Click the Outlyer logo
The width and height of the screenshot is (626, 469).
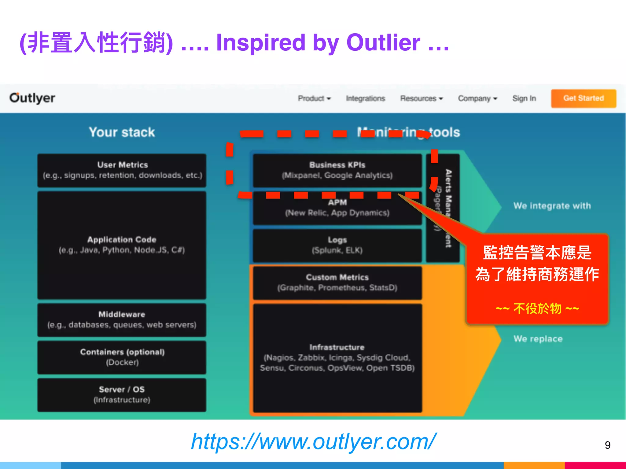tap(32, 98)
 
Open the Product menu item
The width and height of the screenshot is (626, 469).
tap(314, 98)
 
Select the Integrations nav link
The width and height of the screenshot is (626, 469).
tap(365, 98)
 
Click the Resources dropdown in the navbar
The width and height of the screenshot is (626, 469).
tap(421, 98)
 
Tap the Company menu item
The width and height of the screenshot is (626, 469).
tap(477, 98)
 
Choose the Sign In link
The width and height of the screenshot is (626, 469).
tap(524, 98)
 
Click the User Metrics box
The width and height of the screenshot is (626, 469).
tap(122, 170)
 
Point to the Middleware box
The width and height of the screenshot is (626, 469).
tap(122, 320)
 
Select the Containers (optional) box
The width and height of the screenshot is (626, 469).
tap(122, 357)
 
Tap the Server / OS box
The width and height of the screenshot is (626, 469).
tap(122, 395)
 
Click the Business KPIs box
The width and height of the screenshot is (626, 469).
tap(337, 170)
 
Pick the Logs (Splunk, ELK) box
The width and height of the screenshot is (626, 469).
tap(337, 245)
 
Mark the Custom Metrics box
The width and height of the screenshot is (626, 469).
tap(337, 282)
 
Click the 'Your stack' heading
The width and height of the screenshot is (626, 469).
tap(122, 132)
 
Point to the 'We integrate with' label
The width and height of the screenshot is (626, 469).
tap(552, 206)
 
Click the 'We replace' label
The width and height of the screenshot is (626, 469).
tap(538, 339)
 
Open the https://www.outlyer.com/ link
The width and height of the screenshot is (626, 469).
tap(313, 442)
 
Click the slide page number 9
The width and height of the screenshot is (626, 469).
tap(607, 445)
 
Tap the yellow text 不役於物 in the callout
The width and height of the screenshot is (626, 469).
tap(537, 308)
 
